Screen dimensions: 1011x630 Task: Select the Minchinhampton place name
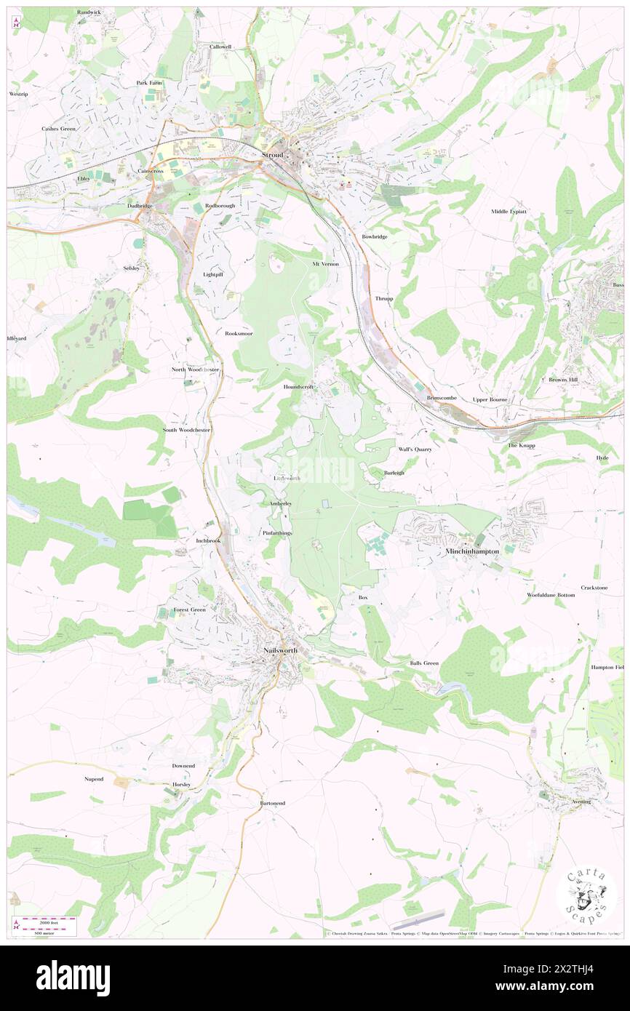click(x=471, y=552)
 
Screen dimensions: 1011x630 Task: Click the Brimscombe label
click(x=442, y=398)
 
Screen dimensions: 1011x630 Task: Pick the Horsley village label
click(x=181, y=785)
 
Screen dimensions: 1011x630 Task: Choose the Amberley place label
click(x=280, y=503)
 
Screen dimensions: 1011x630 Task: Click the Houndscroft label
click(x=298, y=387)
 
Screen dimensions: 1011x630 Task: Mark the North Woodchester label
click(x=195, y=369)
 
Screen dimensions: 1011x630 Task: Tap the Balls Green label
click(x=424, y=663)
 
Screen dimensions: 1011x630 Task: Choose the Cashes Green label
click(x=58, y=129)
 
